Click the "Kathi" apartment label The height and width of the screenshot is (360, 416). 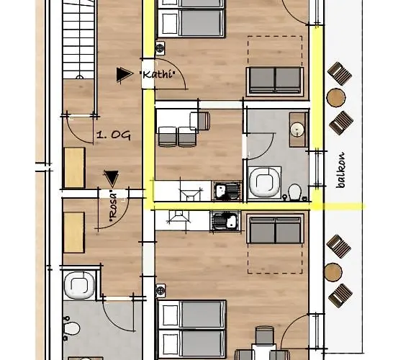(158, 74)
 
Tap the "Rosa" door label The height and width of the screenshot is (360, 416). (113, 207)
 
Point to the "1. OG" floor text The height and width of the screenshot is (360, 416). (114, 135)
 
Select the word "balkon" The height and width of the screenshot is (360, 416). (341, 171)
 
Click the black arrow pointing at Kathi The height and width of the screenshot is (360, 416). (125, 74)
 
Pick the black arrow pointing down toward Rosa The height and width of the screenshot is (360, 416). (112, 179)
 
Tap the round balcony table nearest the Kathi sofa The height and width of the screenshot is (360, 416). (336, 97)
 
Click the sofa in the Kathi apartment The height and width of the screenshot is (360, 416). (275, 81)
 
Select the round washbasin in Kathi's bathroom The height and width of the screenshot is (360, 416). (297, 130)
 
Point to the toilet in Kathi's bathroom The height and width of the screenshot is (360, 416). (294, 192)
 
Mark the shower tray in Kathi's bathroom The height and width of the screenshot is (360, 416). (265, 182)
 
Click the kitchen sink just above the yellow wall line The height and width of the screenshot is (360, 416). (227, 191)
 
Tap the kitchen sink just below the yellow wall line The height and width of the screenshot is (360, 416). (225, 221)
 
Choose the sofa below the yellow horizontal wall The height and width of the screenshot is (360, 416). (275, 229)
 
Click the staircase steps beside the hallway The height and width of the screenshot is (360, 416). (78, 40)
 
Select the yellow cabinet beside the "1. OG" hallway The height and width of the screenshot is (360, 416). (75, 168)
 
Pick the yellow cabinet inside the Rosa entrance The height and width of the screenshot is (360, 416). (74, 233)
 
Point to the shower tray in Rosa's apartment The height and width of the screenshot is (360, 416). (79, 285)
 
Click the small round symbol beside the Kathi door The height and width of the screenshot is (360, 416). (160, 48)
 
